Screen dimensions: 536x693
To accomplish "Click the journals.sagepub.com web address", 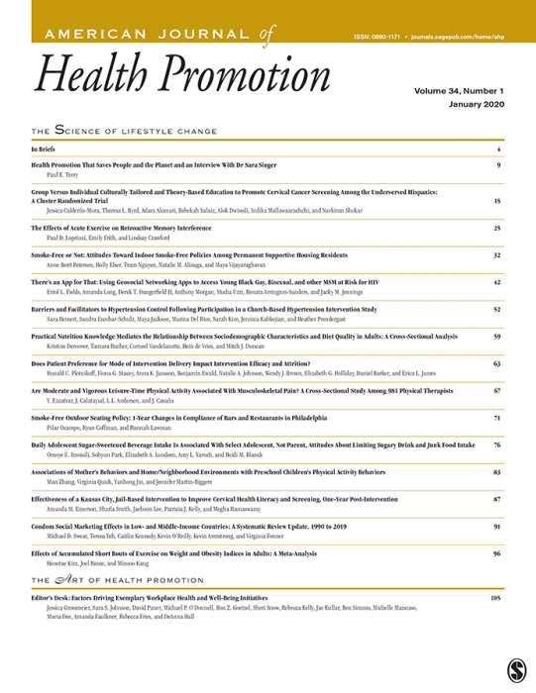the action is [x=466, y=36].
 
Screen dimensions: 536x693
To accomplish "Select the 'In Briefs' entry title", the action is [x=45, y=149].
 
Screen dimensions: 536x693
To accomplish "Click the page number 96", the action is [x=497, y=554].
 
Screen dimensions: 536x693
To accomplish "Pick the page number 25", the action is [x=497, y=228].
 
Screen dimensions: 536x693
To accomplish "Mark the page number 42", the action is [x=497, y=282].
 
